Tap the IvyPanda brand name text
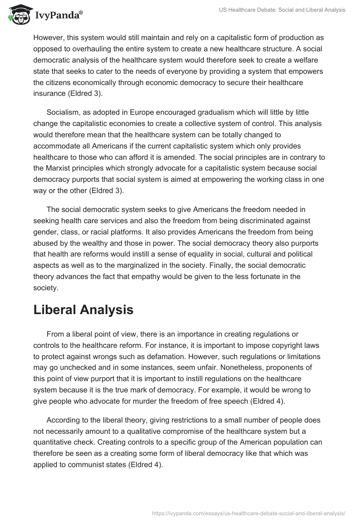(58, 15)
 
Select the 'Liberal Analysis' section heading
(83, 310)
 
